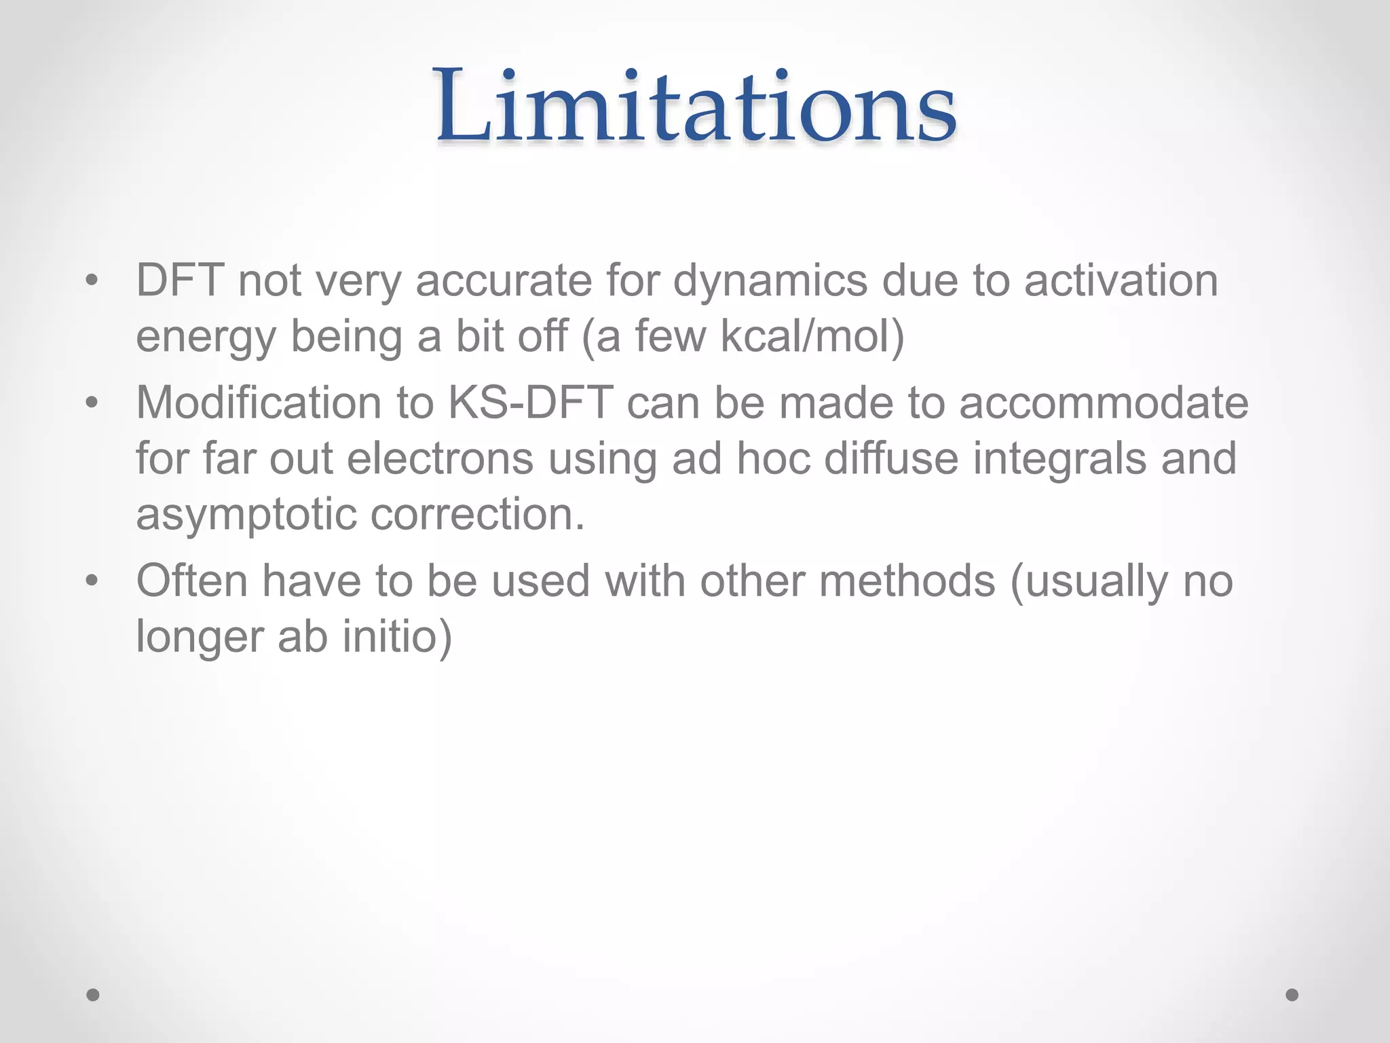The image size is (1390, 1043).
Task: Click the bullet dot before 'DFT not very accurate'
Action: point(92,280)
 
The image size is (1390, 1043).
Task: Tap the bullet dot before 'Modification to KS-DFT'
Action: point(92,403)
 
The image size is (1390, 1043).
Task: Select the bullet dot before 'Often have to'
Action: point(92,581)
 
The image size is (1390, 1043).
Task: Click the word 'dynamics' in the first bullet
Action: point(770,281)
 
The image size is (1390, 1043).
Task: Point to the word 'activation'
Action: point(1121,280)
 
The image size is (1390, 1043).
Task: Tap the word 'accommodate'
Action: point(1104,403)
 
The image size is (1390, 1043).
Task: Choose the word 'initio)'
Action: point(397,637)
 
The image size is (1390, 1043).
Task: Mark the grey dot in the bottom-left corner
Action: point(93,995)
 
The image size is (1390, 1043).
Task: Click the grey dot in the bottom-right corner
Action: point(1292,995)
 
